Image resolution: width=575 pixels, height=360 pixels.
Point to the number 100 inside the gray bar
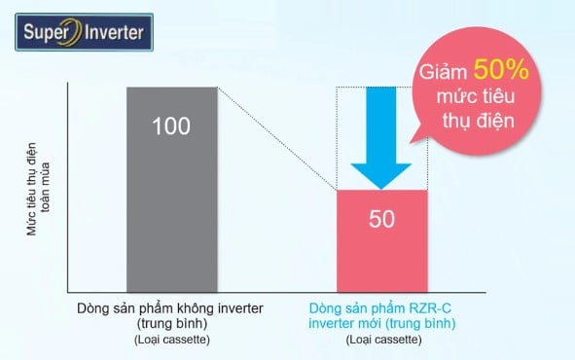170,126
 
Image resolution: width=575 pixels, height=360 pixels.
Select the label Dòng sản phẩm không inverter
170,309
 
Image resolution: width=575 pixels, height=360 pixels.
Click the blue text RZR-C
435,308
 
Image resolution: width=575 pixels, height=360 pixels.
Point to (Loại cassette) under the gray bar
170,340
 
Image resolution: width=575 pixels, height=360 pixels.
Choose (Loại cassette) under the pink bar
381,340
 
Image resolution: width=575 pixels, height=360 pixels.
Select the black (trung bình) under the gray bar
170,324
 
